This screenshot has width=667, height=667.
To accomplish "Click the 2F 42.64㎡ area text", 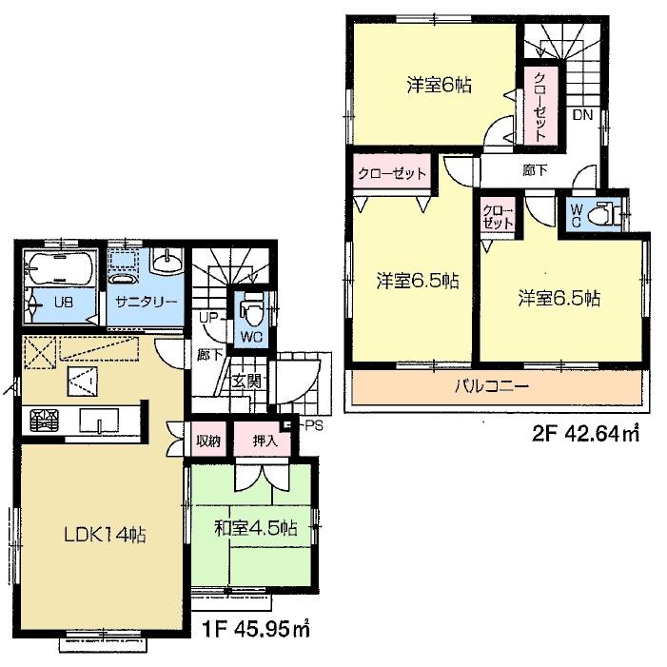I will point(585,437).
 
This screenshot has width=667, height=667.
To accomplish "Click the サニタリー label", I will point(147,302).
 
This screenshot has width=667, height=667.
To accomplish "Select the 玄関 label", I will point(245,381).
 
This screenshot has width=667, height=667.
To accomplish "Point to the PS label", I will point(314,425).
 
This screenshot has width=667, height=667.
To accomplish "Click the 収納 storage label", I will point(208,441).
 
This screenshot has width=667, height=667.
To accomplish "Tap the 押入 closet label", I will point(265,441).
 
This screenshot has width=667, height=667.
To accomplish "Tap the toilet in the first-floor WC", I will point(252,313).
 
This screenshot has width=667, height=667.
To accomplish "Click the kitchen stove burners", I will point(40,420).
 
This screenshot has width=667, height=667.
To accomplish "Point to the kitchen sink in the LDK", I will point(98,420).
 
